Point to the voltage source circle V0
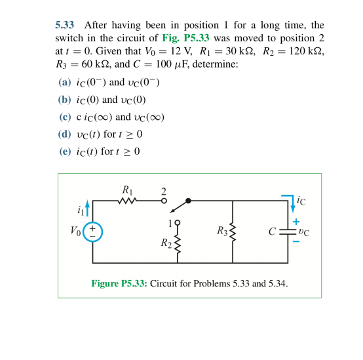point(93,231)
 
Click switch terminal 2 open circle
point(164,201)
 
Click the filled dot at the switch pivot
point(189,201)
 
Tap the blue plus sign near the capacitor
point(296,222)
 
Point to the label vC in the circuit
point(303,231)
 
